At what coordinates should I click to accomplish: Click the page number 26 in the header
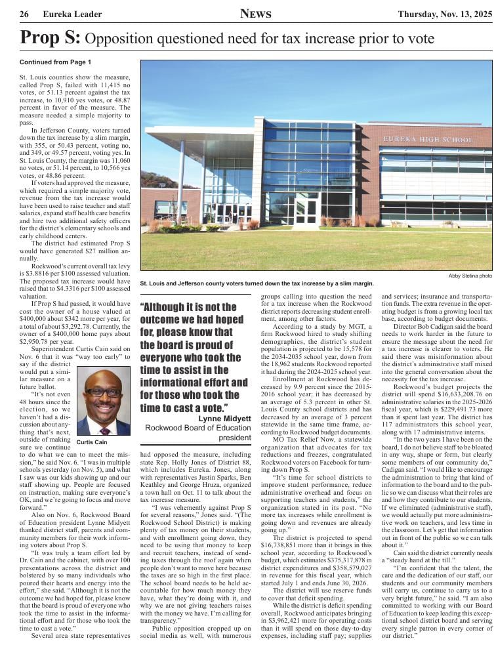pos(24,14)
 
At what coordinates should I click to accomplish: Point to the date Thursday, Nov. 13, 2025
pos(444,14)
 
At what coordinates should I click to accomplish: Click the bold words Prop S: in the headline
pos(50,39)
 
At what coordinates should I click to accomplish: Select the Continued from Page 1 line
pos(55,62)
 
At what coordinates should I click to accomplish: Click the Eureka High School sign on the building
pos(427,140)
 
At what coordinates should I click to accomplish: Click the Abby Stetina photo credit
pos(470,276)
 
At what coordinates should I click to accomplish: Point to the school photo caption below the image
pos(257,283)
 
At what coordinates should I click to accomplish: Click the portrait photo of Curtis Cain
pos(103,402)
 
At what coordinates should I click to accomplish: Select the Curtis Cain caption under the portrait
pos(92,442)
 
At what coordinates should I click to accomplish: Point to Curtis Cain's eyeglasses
pos(104,392)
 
